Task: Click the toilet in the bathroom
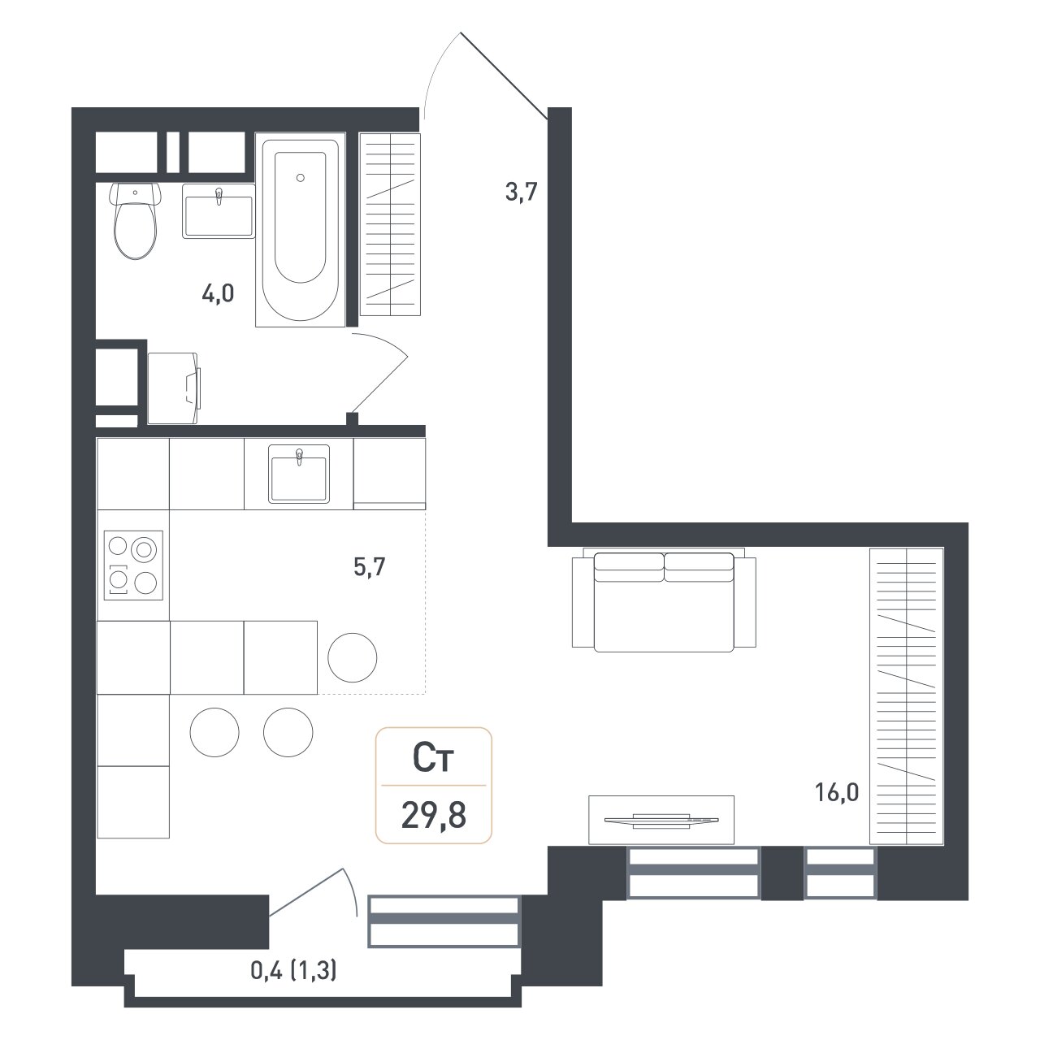click(x=136, y=219)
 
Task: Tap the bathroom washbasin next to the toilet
click(x=219, y=211)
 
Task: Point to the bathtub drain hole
click(x=301, y=178)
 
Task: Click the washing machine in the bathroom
click(x=174, y=388)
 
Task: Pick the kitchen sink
click(x=299, y=474)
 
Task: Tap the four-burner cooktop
click(x=133, y=565)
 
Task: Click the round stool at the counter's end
click(x=353, y=657)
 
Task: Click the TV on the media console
click(x=661, y=821)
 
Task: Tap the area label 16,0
click(x=837, y=793)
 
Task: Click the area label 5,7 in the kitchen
click(x=370, y=568)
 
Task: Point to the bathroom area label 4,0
click(x=218, y=294)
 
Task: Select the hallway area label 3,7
click(x=522, y=192)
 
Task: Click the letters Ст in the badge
click(x=433, y=758)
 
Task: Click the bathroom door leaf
click(x=379, y=385)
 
